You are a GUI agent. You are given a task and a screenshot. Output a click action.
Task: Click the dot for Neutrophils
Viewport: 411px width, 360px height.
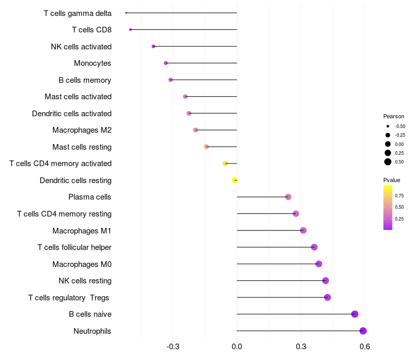point(363,331)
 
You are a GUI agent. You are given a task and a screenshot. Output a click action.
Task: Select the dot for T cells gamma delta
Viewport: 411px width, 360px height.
point(126,13)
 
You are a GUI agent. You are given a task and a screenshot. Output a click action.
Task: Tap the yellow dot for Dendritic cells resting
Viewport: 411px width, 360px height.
point(234,180)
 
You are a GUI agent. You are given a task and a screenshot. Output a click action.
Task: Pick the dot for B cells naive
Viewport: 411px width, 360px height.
point(354,314)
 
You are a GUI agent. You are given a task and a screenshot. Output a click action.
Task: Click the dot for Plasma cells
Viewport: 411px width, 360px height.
point(288,197)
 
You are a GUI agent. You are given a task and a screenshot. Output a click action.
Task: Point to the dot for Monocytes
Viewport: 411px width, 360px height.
point(165,63)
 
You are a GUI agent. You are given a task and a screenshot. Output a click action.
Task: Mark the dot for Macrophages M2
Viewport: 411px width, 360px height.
point(195,130)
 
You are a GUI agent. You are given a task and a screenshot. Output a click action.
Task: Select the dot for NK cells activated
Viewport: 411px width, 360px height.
point(153,46)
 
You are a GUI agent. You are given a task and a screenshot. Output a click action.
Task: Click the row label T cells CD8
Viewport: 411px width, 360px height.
point(91,30)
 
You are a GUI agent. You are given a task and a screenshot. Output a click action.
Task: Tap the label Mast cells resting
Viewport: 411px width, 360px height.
point(82,147)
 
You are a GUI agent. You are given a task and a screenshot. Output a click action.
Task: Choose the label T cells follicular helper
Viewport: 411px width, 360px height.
point(74,247)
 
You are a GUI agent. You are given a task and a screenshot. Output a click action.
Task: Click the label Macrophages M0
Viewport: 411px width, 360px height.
point(82,264)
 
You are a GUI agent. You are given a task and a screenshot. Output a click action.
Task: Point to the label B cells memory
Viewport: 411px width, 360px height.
point(85,80)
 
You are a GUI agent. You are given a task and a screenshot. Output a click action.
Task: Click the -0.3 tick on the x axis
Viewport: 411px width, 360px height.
point(173,347)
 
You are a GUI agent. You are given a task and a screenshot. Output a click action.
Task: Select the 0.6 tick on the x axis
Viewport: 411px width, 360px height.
point(365,347)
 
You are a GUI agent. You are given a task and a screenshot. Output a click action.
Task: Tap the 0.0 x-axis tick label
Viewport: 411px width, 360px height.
point(237,347)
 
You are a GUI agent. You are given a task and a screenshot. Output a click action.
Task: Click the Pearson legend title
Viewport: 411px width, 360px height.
point(394,116)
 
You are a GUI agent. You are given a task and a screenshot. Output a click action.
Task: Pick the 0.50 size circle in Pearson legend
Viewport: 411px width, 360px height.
point(388,162)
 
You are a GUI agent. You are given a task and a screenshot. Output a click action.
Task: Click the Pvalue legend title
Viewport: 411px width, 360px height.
point(391,180)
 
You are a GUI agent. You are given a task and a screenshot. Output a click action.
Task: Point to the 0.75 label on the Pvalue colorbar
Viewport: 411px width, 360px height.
point(399,195)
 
